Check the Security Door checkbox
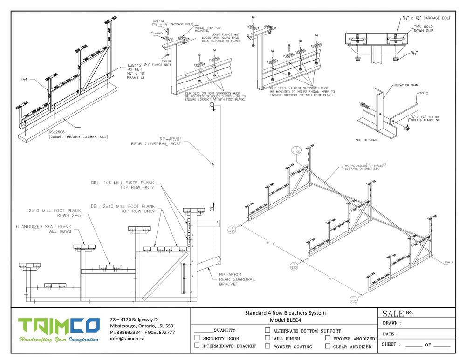pyautogui.click(x=197, y=338)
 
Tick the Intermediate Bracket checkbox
pyautogui.click(x=197, y=346)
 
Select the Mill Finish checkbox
pyautogui.click(x=267, y=338)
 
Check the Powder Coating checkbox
pyautogui.click(x=267, y=346)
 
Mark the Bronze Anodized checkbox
pyautogui.click(x=328, y=338)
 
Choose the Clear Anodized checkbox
pyautogui.click(x=328, y=346)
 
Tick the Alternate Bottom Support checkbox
pyautogui.click(x=267, y=330)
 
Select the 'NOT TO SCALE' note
pyautogui.click(x=365, y=140)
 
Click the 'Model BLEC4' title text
pyautogui.click(x=286, y=320)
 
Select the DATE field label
pyautogui.click(x=390, y=334)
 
